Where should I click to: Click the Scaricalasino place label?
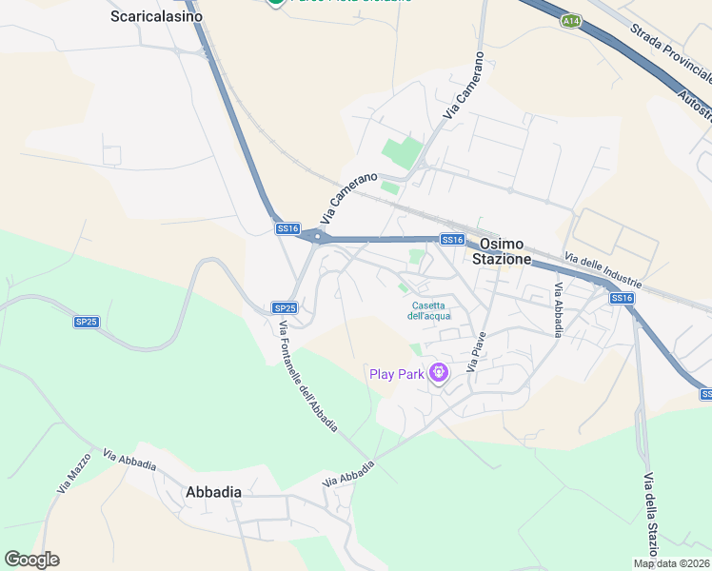[x=154, y=16]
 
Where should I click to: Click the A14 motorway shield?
[x=571, y=19]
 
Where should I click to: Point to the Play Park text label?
[x=397, y=374]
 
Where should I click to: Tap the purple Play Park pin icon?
[x=438, y=373]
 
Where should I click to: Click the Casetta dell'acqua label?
[x=428, y=310]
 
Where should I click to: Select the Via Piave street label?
[x=477, y=350]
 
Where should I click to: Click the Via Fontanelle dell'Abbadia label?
[x=307, y=377]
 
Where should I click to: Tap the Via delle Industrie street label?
[x=603, y=271]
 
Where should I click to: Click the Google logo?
[x=31, y=560]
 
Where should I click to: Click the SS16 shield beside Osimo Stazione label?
[x=452, y=240]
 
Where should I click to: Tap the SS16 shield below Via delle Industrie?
[x=622, y=299]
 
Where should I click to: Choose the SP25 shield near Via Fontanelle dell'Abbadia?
[x=285, y=307]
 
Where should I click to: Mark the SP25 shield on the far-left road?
[x=86, y=322]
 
